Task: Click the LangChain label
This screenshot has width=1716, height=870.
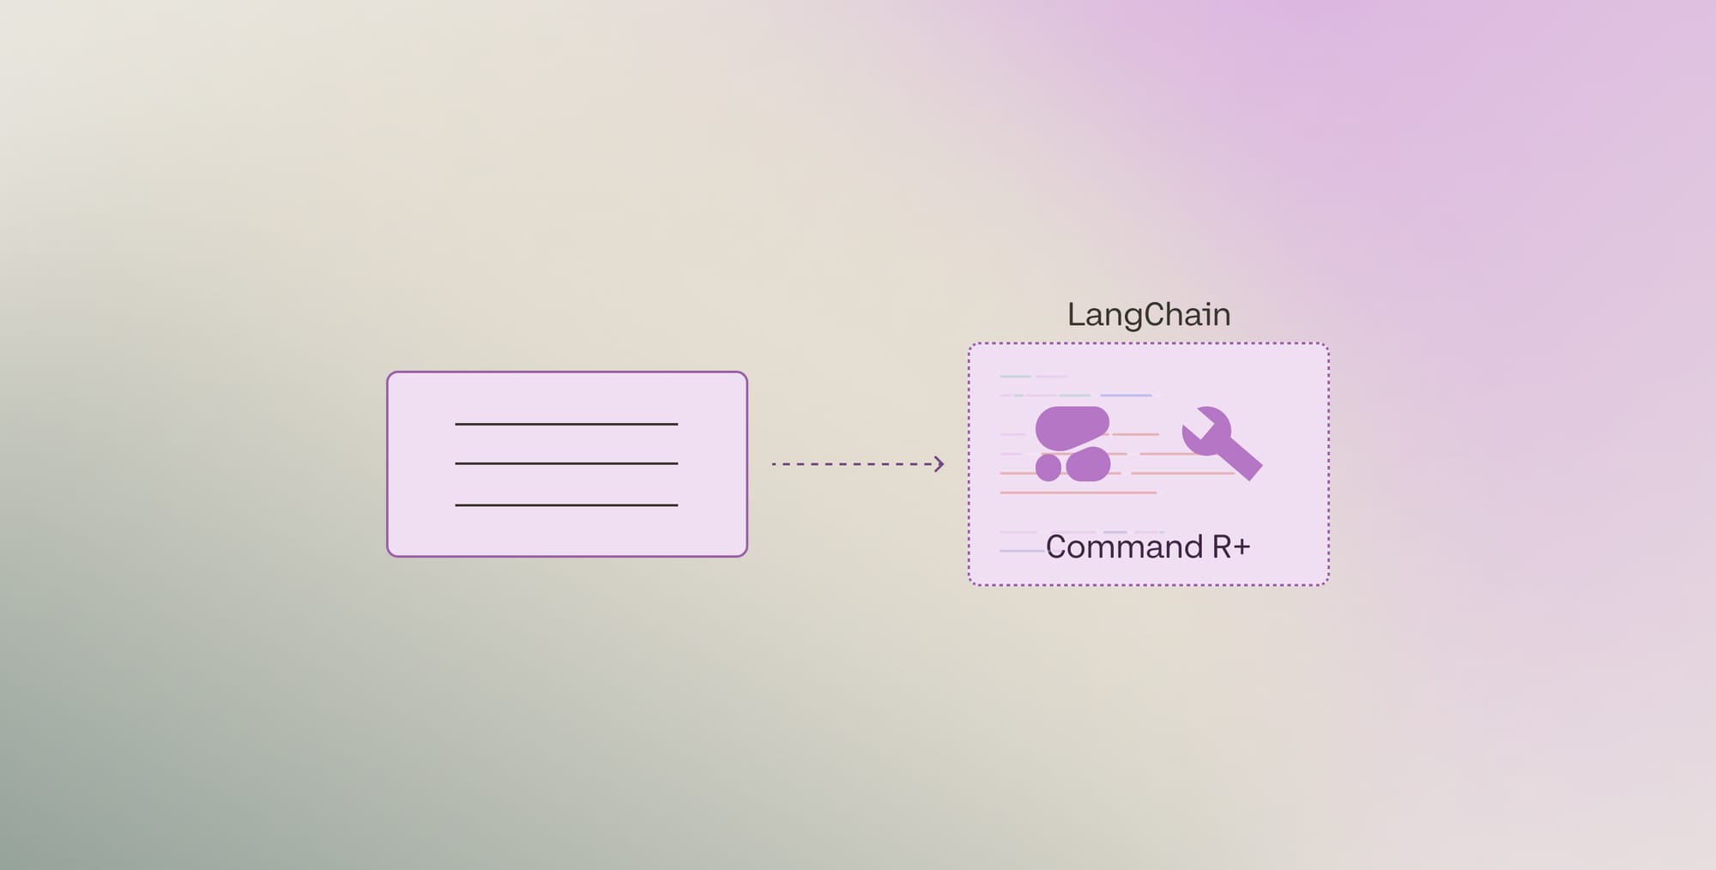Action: (1149, 315)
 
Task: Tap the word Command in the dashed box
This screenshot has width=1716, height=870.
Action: (1124, 547)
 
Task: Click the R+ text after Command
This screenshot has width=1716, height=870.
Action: (1230, 547)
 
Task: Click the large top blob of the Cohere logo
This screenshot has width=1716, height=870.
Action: (1072, 427)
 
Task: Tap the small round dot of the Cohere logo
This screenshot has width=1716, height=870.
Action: (1048, 468)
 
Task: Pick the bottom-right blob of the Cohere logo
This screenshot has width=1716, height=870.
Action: (1088, 464)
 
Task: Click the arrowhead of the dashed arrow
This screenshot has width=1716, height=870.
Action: (940, 464)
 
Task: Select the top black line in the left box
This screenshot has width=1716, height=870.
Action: (566, 424)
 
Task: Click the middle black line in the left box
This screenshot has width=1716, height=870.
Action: (566, 463)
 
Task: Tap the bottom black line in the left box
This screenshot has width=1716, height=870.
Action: (566, 505)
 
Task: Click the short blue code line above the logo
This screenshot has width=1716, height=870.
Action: (1126, 396)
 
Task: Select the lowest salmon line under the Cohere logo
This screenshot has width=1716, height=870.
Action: (1079, 492)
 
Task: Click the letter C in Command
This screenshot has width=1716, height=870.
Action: (1057, 547)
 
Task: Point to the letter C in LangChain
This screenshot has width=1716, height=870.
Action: (1156, 315)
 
